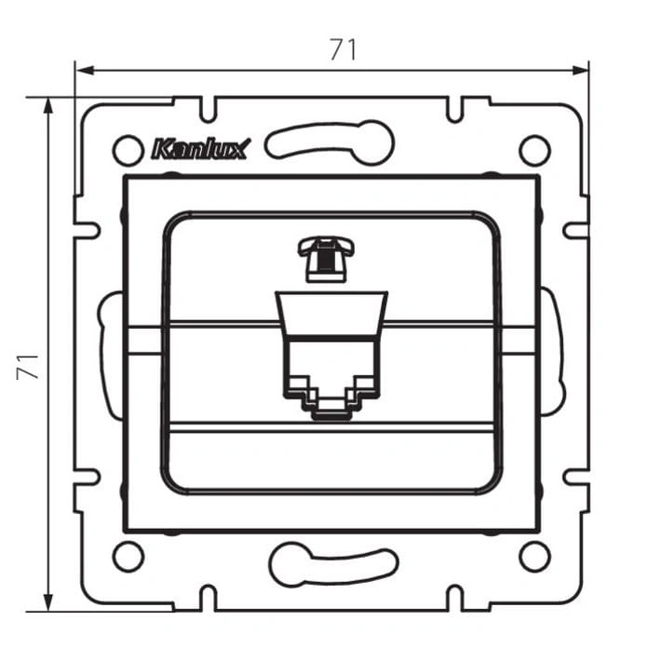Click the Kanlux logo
201,149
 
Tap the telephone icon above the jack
326,259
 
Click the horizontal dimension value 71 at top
343,49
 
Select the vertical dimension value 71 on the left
28,367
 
